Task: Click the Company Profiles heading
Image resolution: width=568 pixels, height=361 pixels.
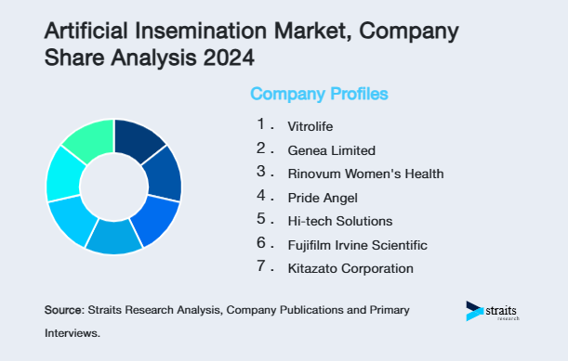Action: tap(319, 94)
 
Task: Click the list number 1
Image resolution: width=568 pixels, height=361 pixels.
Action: tap(262, 123)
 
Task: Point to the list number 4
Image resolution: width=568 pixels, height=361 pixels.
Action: tap(262, 196)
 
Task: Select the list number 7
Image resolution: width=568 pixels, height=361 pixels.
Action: tap(262, 268)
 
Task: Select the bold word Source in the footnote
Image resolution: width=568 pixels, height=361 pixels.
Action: tap(63, 308)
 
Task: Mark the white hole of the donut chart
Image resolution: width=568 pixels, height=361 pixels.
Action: tap(113, 187)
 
